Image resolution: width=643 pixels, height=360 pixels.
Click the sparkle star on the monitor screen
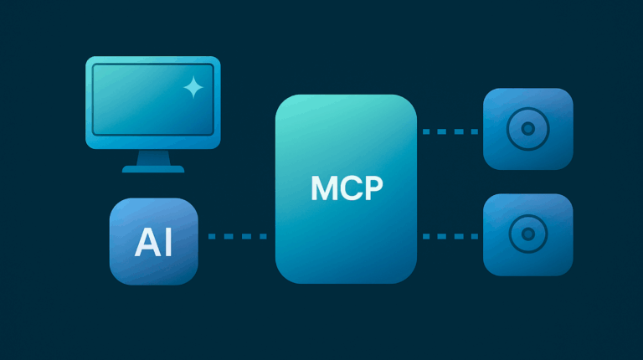pyautogui.click(x=193, y=87)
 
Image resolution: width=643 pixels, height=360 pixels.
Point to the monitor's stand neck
pyautogui.click(x=153, y=157)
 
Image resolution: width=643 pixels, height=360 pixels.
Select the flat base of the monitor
pyautogui.click(x=153, y=169)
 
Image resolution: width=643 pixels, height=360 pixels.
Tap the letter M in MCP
pyautogui.click(x=324, y=189)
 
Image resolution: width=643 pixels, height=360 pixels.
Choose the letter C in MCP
pyautogui.click(x=349, y=189)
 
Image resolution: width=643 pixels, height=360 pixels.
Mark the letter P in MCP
pyautogui.click(x=372, y=189)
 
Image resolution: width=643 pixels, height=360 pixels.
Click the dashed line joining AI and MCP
pyautogui.click(x=237, y=236)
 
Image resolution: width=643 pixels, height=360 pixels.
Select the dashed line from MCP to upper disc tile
pyautogui.click(x=450, y=131)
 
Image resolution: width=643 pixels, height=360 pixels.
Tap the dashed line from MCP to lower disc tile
pyautogui.click(x=450, y=236)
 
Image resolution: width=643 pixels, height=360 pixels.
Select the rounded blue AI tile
pyautogui.click(x=154, y=268)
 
